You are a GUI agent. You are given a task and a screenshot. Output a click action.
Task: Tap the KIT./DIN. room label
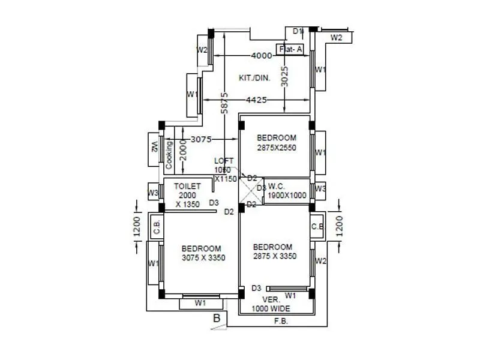pyautogui.click(x=255, y=78)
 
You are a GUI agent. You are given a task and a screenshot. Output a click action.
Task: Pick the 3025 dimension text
pyautogui.click(x=285, y=77)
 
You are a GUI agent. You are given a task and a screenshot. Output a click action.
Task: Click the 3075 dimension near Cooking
pyautogui.click(x=201, y=139)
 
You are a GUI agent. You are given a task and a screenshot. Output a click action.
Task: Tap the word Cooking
pyautogui.click(x=170, y=154)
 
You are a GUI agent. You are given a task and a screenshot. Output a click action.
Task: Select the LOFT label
pyautogui.click(x=224, y=161)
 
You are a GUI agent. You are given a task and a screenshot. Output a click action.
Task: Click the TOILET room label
pyautogui.click(x=188, y=187)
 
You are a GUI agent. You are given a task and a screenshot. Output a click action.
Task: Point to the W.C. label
pyautogui.click(x=277, y=185)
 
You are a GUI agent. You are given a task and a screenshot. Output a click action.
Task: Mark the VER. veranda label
pyautogui.click(x=271, y=299)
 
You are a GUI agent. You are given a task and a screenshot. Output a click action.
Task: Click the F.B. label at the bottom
pyautogui.click(x=281, y=321)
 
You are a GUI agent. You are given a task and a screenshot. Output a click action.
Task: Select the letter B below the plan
pyautogui.click(x=217, y=318)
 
